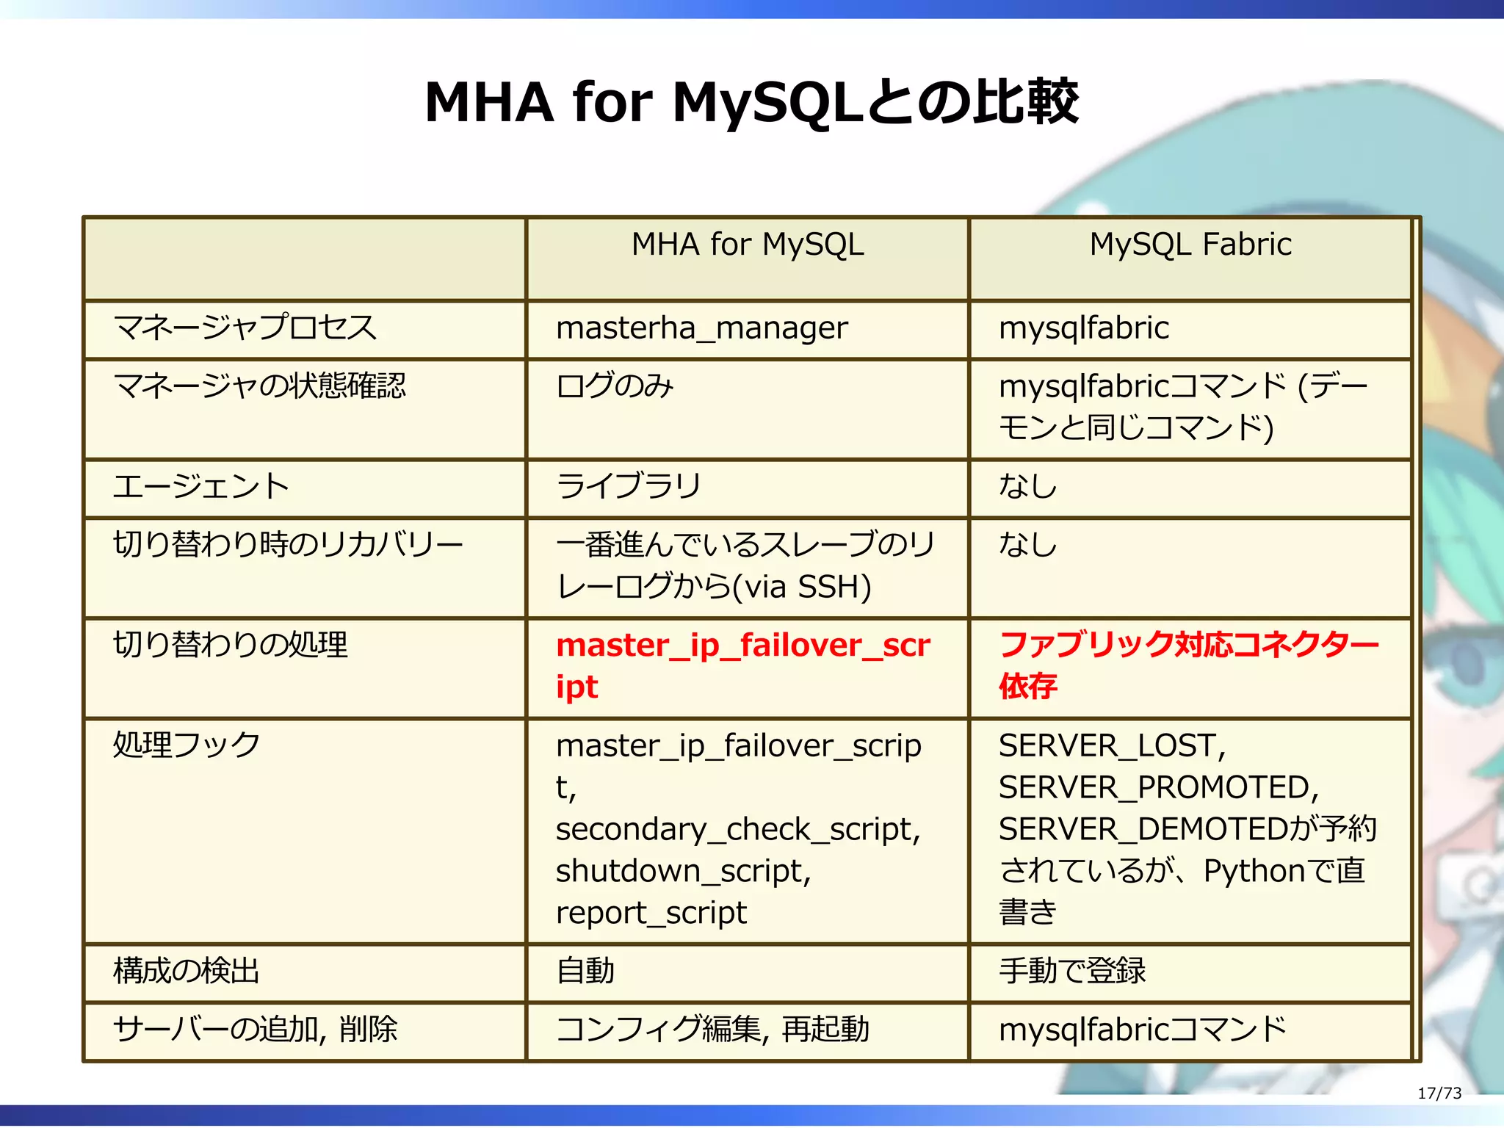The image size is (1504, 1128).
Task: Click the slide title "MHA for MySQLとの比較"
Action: point(751,102)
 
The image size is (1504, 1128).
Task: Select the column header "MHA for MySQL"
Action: point(748,245)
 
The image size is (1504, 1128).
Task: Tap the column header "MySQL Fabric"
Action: point(1190,245)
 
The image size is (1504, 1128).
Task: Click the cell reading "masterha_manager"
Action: point(701,328)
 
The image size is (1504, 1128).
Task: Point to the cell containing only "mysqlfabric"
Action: point(1083,328)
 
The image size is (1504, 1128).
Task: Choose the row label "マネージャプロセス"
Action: point(245,328)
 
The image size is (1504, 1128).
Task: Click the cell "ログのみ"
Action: point(615,386)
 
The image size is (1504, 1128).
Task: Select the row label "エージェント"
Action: point(201,487)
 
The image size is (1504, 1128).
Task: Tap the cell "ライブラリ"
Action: point(629,487)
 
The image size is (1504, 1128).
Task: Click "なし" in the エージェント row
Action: point(1027,487)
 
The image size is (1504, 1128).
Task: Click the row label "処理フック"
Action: point(187,745)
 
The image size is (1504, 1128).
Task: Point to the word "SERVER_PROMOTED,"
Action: point(1158,788)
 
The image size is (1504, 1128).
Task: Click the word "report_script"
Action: point(651,914)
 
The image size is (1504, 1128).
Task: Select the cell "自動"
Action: point(585,972)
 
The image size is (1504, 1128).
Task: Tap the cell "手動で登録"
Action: point(1071,972)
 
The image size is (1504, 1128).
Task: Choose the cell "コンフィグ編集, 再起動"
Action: point(712,1030)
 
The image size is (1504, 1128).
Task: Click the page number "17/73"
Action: point(1439,1093)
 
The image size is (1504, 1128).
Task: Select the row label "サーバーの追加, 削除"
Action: point(255,1030)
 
